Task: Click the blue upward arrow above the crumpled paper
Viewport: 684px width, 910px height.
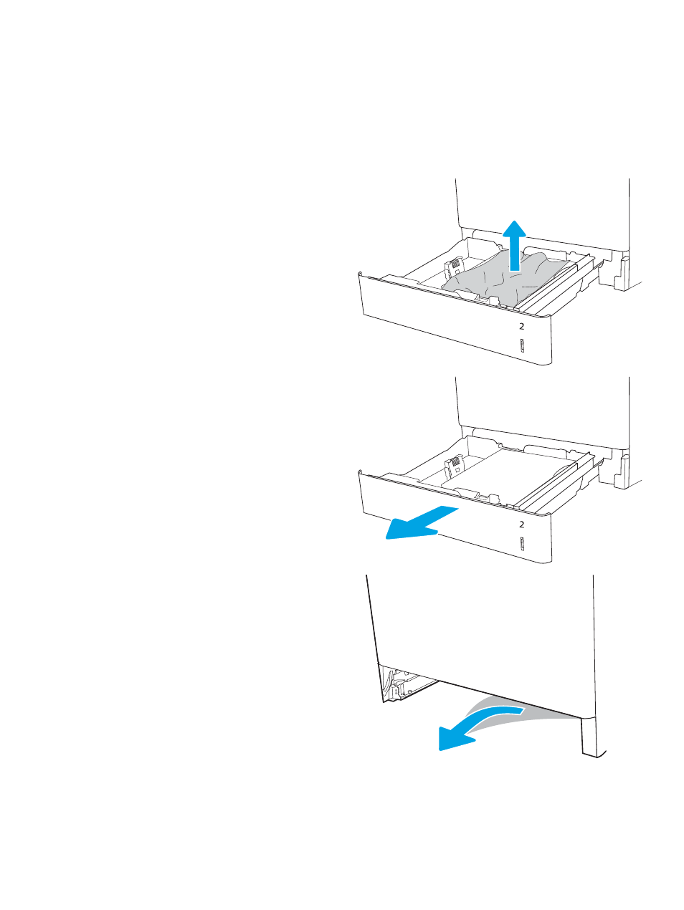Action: point(514,246)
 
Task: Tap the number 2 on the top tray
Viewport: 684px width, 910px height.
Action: point(522,326)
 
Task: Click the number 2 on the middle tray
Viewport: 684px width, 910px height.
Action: point(522,525)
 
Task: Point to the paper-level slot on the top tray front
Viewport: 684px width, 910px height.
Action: point(522,346)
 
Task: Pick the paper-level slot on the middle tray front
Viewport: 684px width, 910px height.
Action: point(522,544)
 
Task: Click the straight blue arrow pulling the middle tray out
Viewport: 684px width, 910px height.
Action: point(422,522)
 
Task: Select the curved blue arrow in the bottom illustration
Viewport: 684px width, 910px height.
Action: point(477,727)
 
